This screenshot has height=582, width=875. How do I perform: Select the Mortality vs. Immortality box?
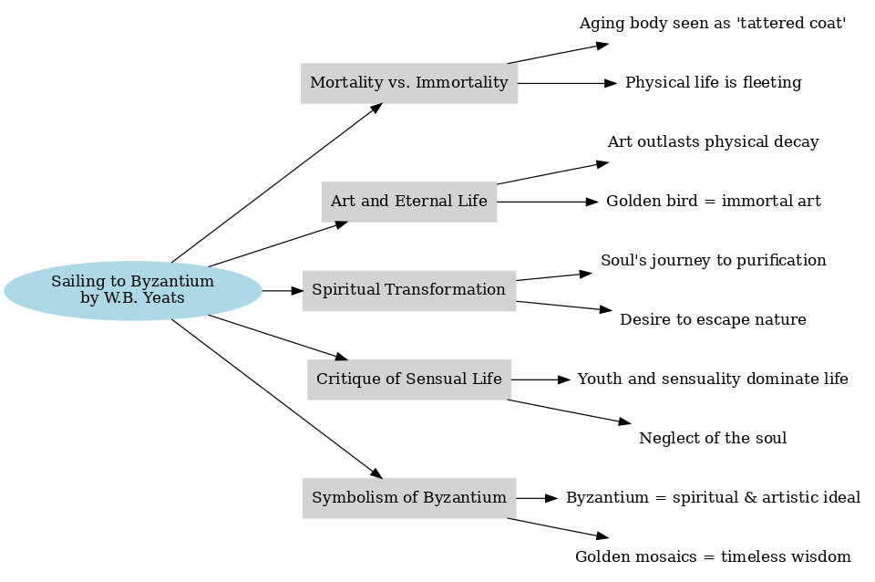[x=409, y=83]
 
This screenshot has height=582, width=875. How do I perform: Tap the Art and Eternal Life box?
[x=409, y=202]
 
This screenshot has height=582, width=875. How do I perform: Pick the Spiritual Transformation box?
[x=409, y=290]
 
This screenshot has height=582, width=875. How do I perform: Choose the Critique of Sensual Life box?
[x=409, y=379]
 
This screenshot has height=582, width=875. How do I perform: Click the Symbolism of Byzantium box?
[x=409, y=498]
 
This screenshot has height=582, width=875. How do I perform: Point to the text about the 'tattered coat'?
[x=713, y=24]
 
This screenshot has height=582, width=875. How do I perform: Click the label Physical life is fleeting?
[x=713, y=83]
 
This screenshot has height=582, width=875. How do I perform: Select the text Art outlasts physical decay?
[x=713, y=142]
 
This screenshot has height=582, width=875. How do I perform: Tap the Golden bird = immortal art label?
[x=713, y=202]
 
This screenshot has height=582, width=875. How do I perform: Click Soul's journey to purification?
[x=713, y=261]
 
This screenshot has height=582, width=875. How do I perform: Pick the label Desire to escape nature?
[x=713, y=320]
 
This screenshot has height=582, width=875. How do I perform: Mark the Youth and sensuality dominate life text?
[x=713, y=379]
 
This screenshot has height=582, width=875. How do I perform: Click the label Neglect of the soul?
[x=713, y=439]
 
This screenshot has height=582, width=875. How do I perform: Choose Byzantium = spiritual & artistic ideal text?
[x=713, y=498]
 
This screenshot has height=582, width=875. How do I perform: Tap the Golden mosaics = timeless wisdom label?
[x=713, y=557]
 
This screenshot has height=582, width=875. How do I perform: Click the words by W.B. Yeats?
[x=132, y=298]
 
